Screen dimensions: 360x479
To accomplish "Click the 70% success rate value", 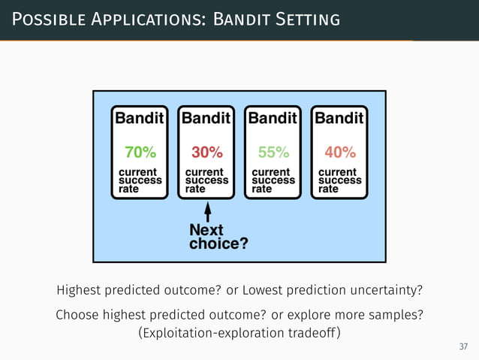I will pos(140,153).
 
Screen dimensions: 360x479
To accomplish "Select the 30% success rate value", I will pos(206,153).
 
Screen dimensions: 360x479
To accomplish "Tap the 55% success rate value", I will pos(273,153).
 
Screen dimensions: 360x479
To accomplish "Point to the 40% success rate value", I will pos(339,153).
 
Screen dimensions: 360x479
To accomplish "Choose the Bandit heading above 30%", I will pos(206,118).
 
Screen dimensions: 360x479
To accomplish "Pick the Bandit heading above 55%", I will pos(273,118).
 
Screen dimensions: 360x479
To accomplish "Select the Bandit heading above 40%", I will pos(339,118).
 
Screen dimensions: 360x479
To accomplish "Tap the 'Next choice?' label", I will pos(218,236).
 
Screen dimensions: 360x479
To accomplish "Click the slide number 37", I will pos(463,346).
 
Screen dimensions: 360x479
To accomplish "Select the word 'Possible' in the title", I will pos(46,18).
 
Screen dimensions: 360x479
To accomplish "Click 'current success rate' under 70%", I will pos(140,180).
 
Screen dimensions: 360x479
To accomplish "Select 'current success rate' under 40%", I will pos(339,180).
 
